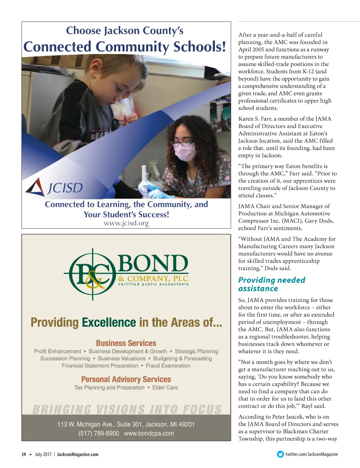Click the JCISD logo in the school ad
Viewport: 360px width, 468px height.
(x=54, y=187)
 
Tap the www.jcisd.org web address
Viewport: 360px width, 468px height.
(x=126, y=223)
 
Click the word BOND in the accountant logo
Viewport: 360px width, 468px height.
(x=153, y=264)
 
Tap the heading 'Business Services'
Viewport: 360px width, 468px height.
(x=126, y=343)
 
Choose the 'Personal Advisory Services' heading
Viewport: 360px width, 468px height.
(x=126, y=379)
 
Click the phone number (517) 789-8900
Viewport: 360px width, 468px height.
(x=99, y=434)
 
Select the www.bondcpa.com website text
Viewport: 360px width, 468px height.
(x=149, y=434)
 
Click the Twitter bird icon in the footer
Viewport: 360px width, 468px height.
(x=280, y=454)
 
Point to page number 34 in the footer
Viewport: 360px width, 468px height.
(x=24, y=454)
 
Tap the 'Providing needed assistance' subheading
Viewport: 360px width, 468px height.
(x=271, y=284)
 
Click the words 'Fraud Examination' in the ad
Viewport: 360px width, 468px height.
(x=168, y=366)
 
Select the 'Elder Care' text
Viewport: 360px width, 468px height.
(x=165, y=387)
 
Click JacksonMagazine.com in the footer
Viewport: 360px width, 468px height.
(x=78, y=454)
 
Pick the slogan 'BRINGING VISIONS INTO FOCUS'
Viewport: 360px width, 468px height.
(x=127, y=410)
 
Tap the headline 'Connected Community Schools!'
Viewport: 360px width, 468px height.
(x=125, y=47)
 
